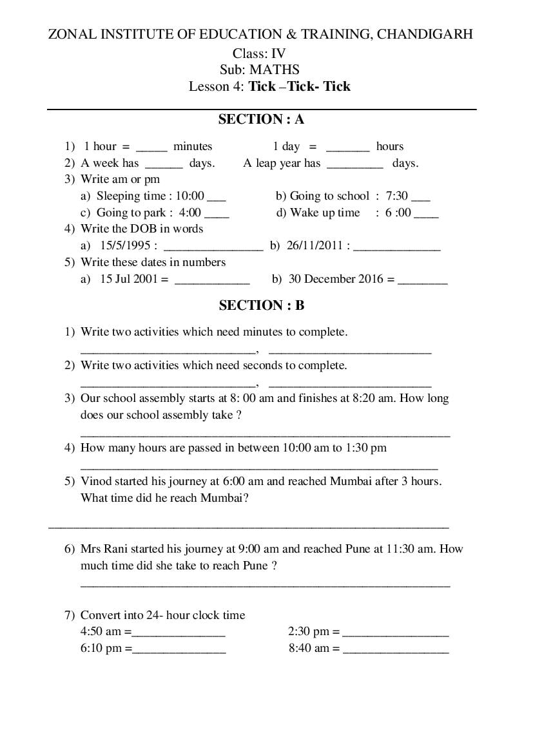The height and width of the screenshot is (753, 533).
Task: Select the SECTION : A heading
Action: coord(261,119)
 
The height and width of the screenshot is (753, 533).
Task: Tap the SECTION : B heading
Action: coord(261,305)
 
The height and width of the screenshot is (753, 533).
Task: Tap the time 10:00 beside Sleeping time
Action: coord(189,196)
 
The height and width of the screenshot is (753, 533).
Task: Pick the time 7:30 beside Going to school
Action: coord(397,196)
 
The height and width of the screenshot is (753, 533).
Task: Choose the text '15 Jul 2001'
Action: coord(129,279)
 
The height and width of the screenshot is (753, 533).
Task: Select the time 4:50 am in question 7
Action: coord(101,632)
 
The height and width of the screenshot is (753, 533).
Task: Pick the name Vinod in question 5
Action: coord(95,481)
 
